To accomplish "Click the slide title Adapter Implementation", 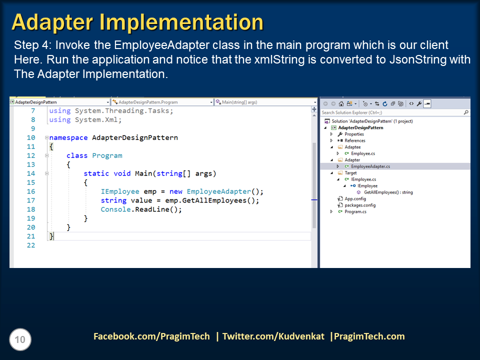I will [137, 22].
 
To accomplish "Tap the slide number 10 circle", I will [20, 340].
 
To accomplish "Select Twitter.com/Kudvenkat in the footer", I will [273, 336].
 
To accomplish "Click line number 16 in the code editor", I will [31, 191].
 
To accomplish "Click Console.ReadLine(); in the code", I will [141, 209].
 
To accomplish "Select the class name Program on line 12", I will [107, 155].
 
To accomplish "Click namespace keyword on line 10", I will [68, 137].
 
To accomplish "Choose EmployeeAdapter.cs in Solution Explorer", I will [370, 166].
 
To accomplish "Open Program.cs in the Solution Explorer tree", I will [355, 211].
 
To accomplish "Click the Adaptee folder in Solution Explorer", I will [352, 147].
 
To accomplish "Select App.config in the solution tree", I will [355, 198].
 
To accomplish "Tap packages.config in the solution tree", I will [360, 205].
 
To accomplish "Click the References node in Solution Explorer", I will [355, 140].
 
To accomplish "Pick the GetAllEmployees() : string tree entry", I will [388, 192].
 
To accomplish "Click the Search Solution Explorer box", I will [392, 112].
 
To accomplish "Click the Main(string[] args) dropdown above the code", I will [265, 102].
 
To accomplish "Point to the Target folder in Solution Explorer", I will [350, 173].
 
